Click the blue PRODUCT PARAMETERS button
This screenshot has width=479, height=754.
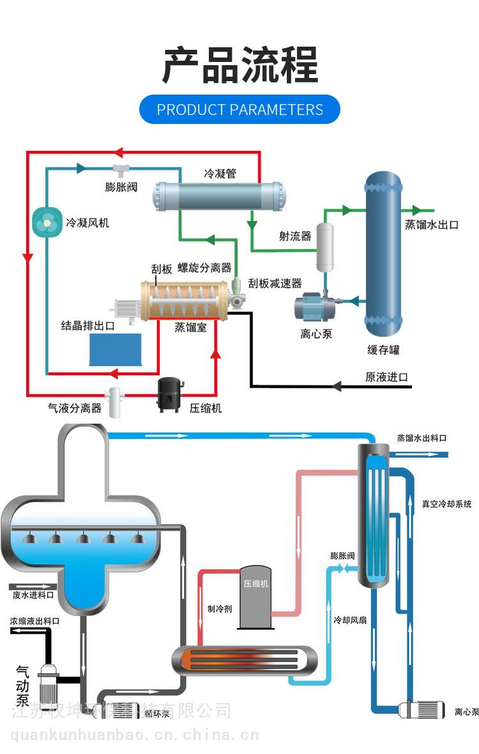click(240, 109)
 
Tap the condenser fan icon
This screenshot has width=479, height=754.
click(47, 222)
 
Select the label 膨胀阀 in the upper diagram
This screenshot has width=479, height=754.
click(121, 187)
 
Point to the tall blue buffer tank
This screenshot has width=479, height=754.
click(383, 256)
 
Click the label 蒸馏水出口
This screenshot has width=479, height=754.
click(432, 225)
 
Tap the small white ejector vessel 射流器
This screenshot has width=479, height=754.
click(326, 245)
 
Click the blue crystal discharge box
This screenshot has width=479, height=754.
click(115, 349)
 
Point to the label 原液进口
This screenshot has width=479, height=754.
click(386, 377)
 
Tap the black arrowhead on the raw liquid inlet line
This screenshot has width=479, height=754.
click(338, 386)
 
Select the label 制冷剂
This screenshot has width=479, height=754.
click(219, 608)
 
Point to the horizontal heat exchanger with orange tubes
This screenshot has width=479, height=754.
click(245, 660)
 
